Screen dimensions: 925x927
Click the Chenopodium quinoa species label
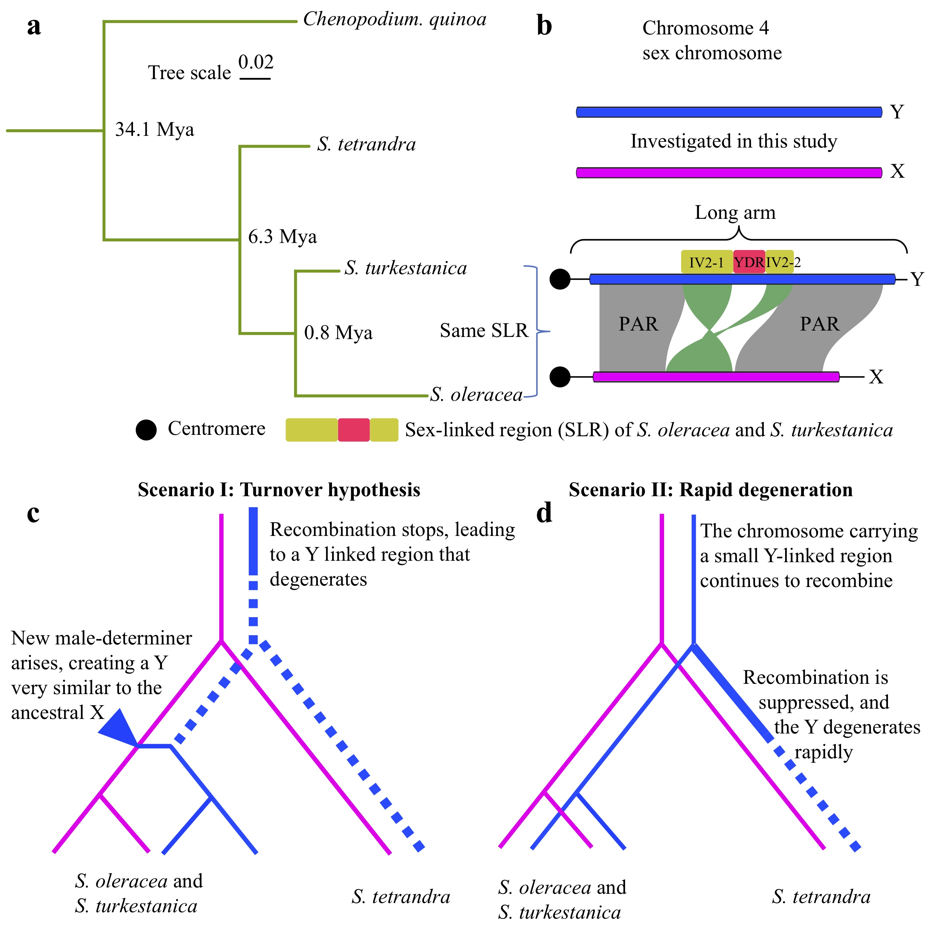tap(394, 20)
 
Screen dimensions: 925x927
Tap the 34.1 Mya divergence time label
tap(155, 129)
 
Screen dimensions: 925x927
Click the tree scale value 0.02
tap(256, 62)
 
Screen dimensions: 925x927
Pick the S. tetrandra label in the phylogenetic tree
tap(366, 144)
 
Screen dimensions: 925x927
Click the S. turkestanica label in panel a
tap(405, 268)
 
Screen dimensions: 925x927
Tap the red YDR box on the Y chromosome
tap(749, 262)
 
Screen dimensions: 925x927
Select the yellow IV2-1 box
tap(706, 262)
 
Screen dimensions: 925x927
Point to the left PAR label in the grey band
tap(638, 324)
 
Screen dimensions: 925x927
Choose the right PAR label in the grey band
tap(820, 324)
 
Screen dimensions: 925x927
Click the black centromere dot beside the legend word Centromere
tap(146, 430)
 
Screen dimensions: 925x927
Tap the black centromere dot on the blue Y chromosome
tap(559, 279)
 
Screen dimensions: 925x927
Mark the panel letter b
tap(544, 26)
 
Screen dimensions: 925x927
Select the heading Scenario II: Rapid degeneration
tap(711, 490)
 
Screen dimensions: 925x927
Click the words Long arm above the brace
tap(735, 212)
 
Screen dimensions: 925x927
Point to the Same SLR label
tap(484, 331)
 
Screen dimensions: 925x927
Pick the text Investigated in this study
tap(734, 142)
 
